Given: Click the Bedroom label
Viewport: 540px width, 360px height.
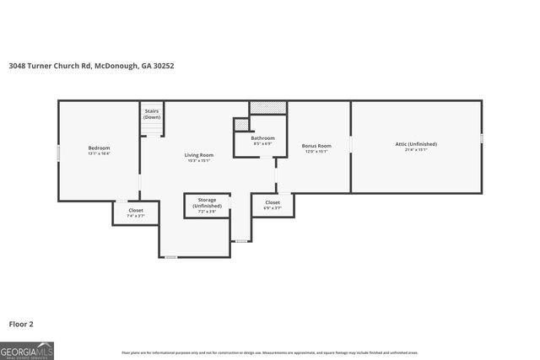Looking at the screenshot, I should pos(99,148).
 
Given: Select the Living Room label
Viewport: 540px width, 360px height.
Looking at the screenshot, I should pos(199,155).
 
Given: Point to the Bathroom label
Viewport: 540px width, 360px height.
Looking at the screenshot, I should pos(262,138).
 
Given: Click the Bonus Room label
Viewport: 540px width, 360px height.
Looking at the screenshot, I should pos(316,146).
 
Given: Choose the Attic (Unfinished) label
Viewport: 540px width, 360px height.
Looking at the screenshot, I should pos(416,144).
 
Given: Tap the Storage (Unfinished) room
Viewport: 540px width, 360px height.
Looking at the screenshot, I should pos(207,206).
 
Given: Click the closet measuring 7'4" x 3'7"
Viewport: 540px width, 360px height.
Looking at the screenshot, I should pos(136,213).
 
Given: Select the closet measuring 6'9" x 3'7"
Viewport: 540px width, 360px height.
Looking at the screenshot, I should pos(273,206).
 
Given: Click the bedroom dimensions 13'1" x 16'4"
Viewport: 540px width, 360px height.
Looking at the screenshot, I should pos(99,154).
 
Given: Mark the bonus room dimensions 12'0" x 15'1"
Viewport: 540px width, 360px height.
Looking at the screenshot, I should pos(316,153).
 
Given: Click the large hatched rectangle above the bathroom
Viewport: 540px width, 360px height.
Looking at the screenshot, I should pos(267,107).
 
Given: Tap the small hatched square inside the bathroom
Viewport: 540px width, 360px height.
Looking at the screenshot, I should pos(240,125).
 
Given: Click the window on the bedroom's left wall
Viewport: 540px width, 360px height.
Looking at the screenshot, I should pos(58,153).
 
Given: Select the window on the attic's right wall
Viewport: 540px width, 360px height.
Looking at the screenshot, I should pos(481,137).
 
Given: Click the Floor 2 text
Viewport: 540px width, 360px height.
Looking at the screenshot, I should pos(21,323).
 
